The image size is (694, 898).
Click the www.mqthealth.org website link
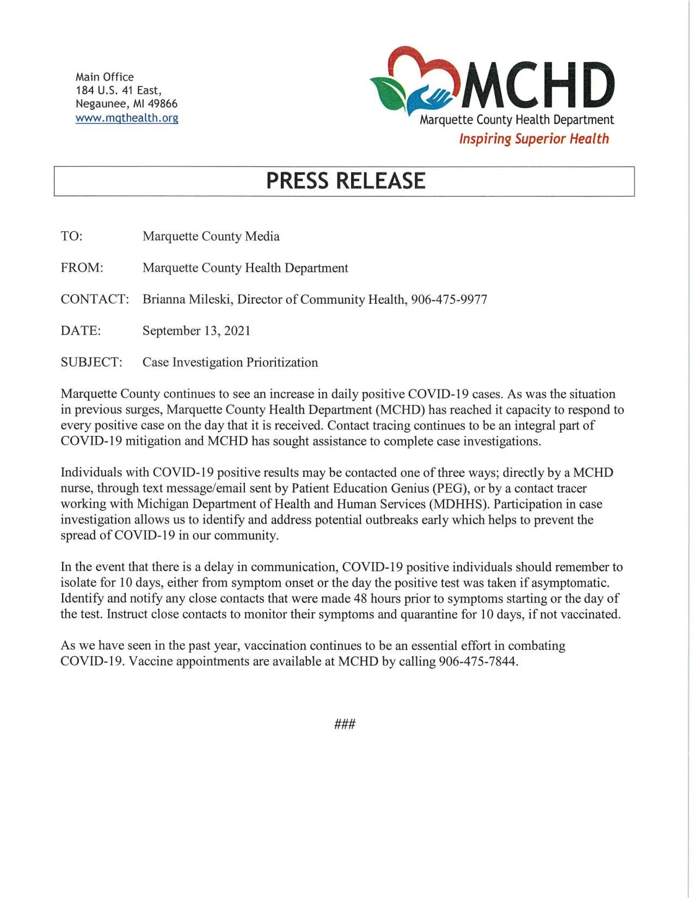[127, 118]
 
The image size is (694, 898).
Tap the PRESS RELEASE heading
[345, 181]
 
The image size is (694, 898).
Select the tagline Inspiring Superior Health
[533, 139]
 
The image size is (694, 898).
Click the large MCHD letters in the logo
[538, 86]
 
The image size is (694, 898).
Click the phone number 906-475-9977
[449, 299]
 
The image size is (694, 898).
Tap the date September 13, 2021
[196, 331]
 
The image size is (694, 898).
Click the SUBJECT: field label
[91, 362]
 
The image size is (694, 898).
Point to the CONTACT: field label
[95, 299]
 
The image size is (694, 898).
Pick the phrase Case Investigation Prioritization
[230, 362]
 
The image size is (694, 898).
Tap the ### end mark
[345, 724]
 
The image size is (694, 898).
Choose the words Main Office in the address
[105, 77]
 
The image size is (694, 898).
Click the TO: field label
[72, 236]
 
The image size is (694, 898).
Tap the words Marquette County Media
[211, 236]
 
